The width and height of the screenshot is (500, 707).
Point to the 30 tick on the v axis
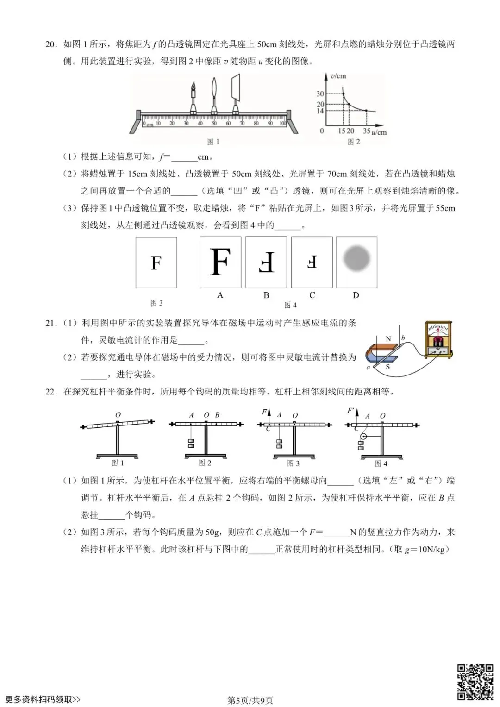320,94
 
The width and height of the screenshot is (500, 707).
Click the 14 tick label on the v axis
320,111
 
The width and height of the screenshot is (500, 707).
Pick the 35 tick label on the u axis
366,131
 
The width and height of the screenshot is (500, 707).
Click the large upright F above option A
220,262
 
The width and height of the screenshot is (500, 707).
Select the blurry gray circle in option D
356,258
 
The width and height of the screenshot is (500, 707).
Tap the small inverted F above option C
312,262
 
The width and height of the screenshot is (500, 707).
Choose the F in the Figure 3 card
156,263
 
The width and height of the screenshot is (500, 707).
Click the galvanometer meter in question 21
438,341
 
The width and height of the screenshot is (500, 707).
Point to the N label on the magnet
388,338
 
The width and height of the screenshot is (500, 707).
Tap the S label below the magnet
387,367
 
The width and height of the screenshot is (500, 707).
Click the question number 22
50,392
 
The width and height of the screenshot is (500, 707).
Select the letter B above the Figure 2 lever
218,415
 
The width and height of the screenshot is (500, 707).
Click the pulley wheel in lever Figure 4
363,437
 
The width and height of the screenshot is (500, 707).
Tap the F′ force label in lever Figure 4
350,411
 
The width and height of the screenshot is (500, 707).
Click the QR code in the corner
475,682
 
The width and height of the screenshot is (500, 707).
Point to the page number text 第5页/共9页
250,700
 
